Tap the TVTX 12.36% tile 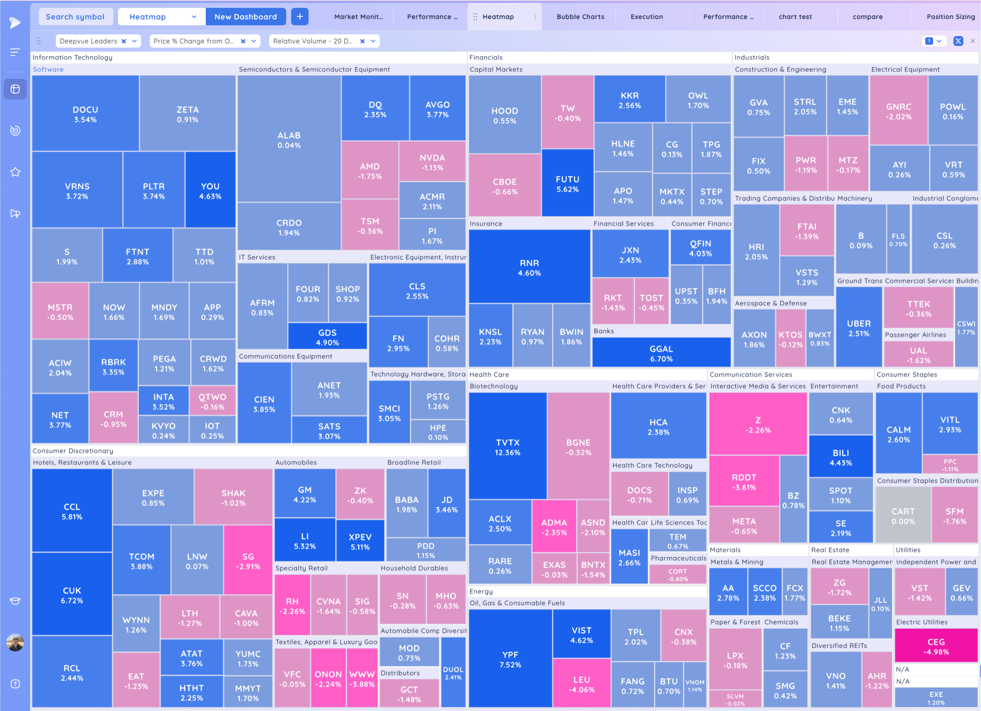pos(507,447)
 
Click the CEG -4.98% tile pos(936,646)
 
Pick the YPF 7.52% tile pos(510,659)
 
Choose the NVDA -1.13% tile pos(432,162)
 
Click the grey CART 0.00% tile pos(903,516)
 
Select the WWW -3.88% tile pos(361,679)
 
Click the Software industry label pos(48,69)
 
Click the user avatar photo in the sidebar pos(15,643)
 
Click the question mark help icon pos(15,684)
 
